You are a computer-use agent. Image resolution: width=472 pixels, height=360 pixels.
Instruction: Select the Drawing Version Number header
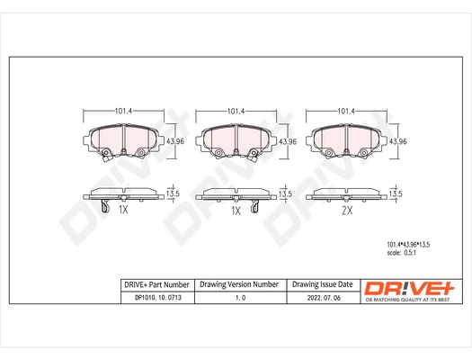238,283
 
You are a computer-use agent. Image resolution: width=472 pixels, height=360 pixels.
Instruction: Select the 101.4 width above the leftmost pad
123,111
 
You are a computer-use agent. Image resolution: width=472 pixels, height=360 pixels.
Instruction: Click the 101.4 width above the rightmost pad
345,111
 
